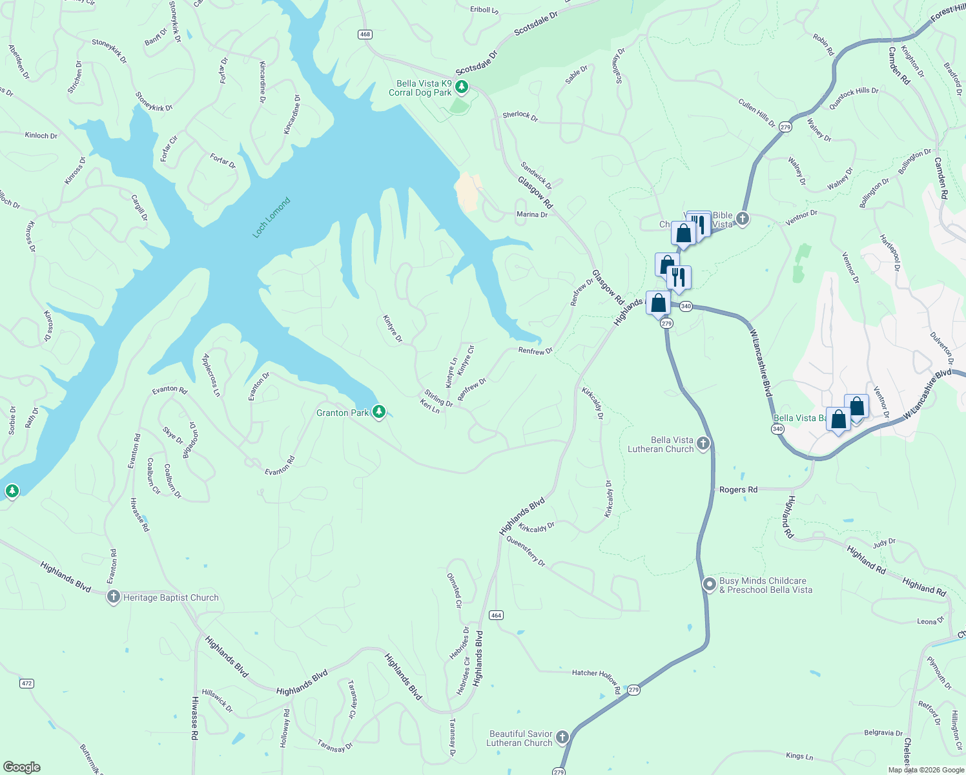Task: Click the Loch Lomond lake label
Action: click(271, 218)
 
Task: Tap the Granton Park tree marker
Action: click(379, 411)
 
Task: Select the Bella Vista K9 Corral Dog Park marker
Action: click(461, 87)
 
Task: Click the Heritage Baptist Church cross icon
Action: click(114, 597)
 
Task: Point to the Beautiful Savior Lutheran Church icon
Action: click(562, 737)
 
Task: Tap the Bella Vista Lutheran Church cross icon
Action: click(703, 443)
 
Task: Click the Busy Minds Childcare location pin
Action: click(710, 584)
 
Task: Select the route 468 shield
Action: click(365, 34)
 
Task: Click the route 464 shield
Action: click(496, 615)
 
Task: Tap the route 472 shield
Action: click(26, 683)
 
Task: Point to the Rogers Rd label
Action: click(738, 490)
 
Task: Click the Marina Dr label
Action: click(531, 214)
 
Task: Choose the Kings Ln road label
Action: click(799, 756)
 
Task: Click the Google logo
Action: click(22, 767)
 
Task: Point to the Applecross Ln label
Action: click(211, 375)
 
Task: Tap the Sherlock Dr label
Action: click(520, 116)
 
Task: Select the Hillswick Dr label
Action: click(217, 700)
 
